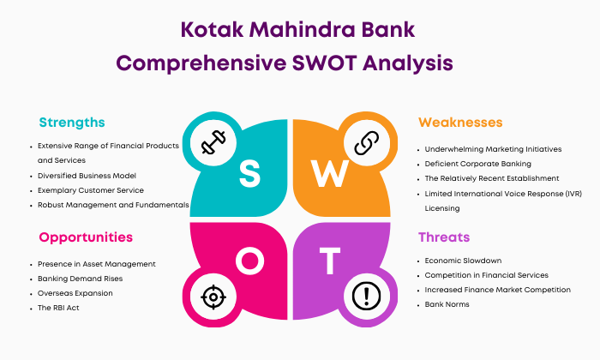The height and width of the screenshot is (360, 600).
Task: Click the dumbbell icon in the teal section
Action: [213, 142]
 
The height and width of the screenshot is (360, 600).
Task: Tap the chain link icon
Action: [367, 142]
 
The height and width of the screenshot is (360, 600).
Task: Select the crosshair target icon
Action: [213, 297]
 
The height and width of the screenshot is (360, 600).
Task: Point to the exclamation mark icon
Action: [367, 296]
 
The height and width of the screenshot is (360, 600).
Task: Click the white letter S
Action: [250, 173]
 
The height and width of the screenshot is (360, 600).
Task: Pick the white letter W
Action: [330, 173]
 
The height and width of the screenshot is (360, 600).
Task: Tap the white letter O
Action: [250, 261]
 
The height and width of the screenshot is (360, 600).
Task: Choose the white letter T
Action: [330, 261]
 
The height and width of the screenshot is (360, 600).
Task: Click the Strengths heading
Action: [72, 123]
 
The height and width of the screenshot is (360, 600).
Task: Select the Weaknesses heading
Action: [460, 123]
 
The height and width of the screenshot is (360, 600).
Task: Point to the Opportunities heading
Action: [86, 237]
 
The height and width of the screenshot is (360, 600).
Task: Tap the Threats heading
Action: [444, 237]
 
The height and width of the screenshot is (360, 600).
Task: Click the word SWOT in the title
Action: [324, 63]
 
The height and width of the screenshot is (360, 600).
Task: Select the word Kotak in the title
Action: [212, 29]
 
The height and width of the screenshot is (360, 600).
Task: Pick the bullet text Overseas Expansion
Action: [75, 293]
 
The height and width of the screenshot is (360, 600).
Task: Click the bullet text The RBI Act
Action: [58, 308]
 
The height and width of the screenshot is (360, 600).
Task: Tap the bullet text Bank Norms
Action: [447, 304]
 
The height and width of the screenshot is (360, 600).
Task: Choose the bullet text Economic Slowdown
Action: [463, 261]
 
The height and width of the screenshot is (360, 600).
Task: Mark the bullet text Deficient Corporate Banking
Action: [478, 164]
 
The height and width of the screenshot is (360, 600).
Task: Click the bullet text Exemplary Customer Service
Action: [91, 190]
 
